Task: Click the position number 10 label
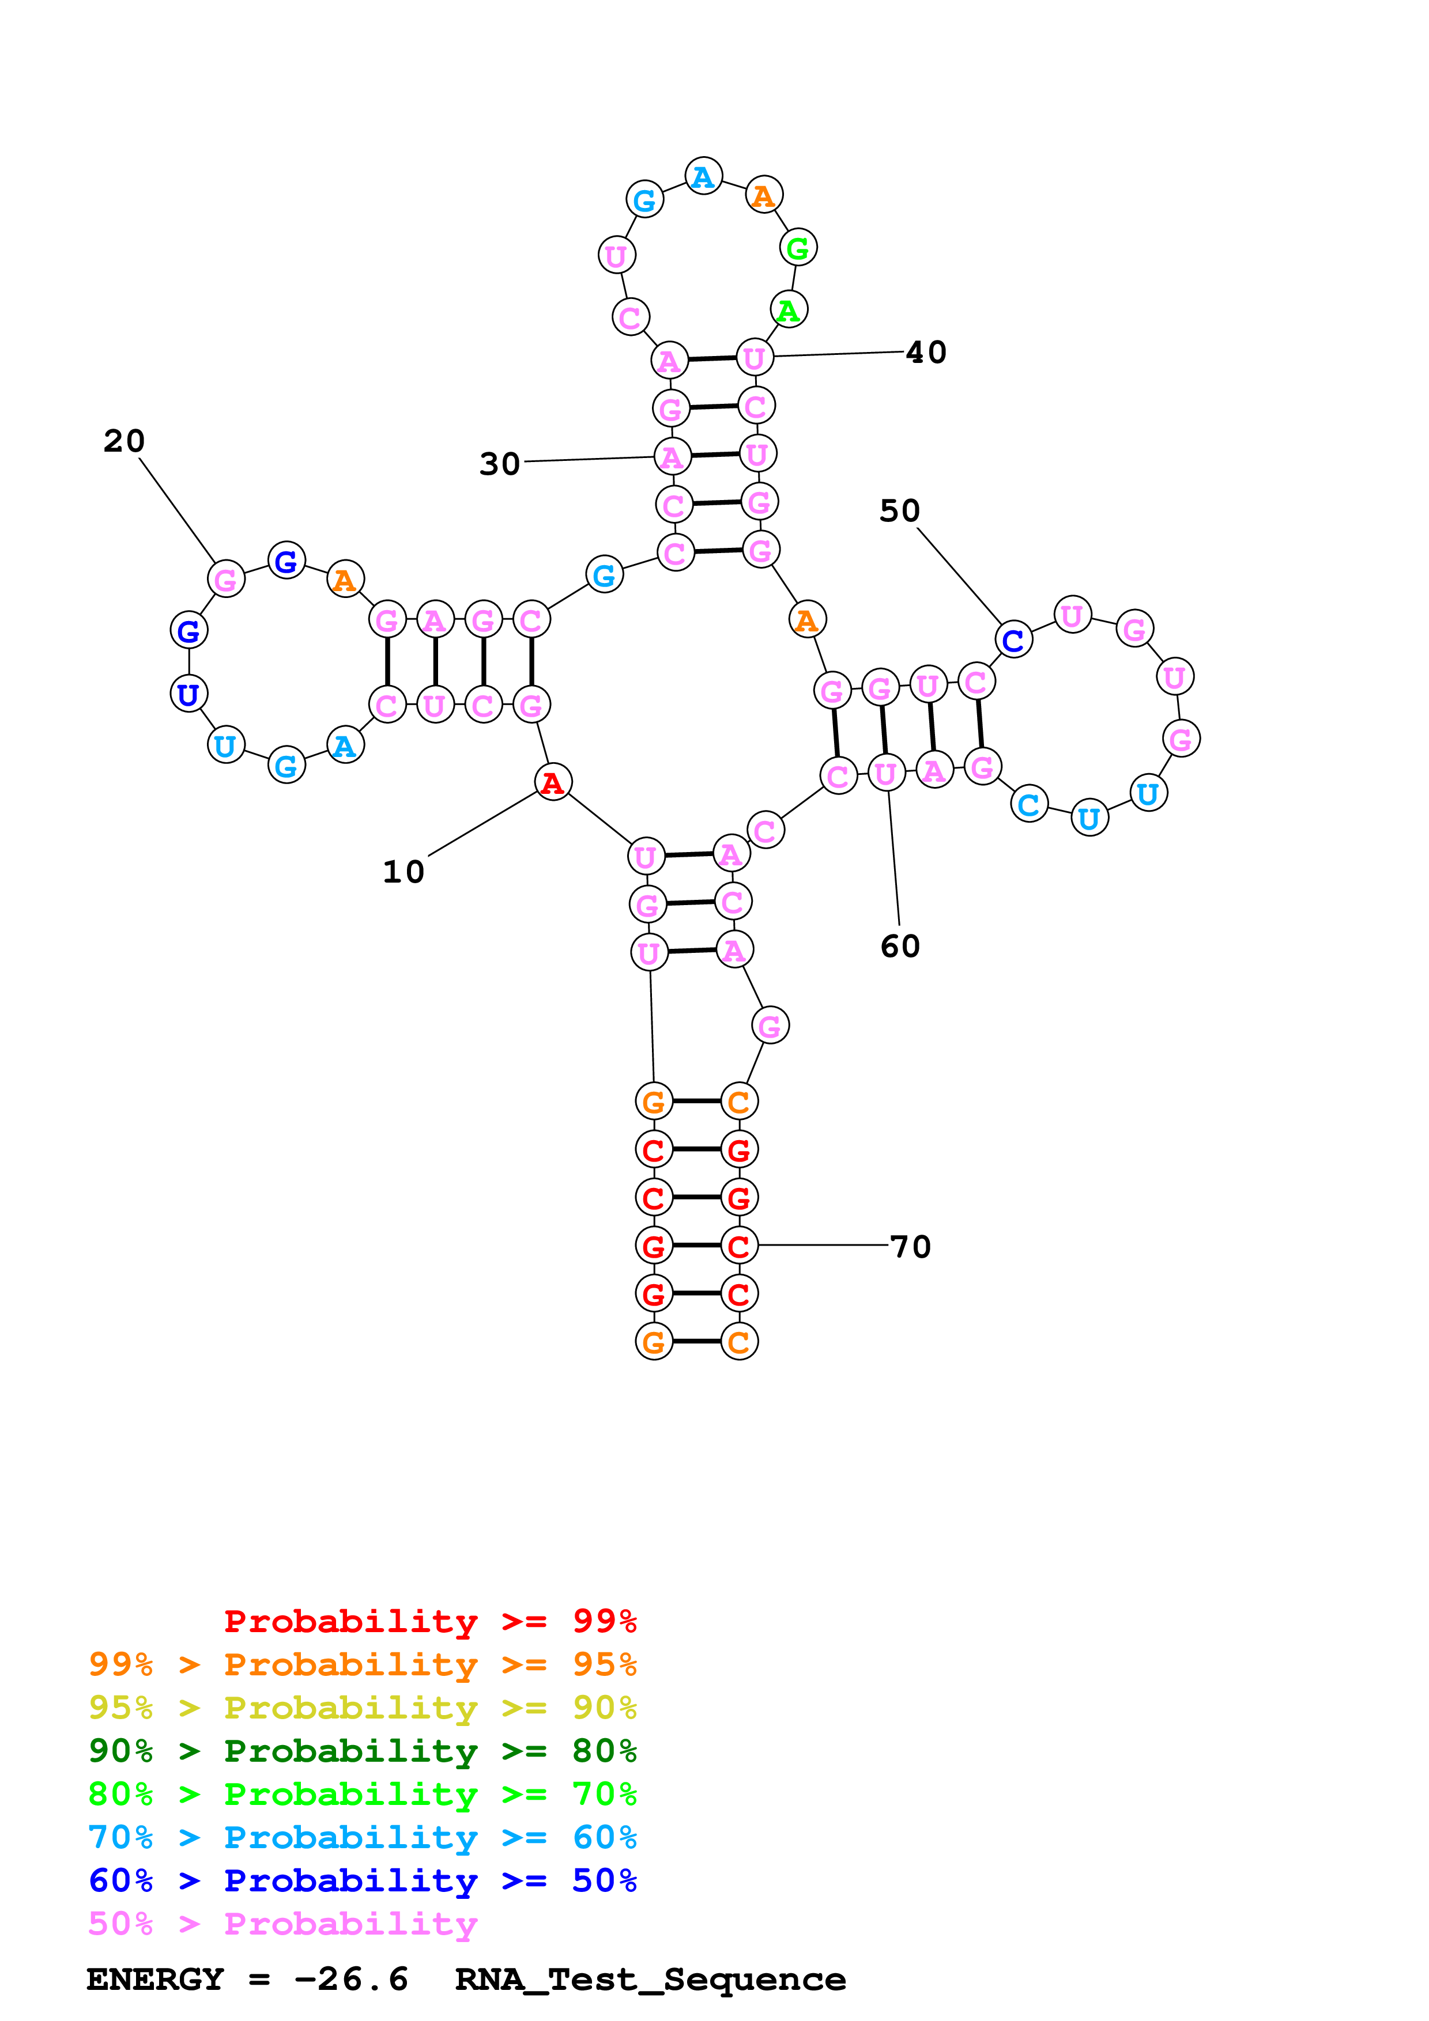(x=404, y=872)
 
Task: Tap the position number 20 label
(x=124, y=441)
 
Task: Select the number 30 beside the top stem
(x=499, y=464)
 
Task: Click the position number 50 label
(x=899, y=510)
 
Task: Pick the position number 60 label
(x=900, y=946)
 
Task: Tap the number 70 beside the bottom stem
(x=910, y=1246)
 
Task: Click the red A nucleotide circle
(x=553, y=782)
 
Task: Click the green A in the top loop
(x=789, y=310)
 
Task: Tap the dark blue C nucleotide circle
(x=1013, y=640)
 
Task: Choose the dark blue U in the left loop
(x=188, y=694)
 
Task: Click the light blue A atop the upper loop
(x=703, y=176)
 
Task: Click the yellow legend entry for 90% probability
(x=362, y=1708)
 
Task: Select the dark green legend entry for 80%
(x=362, y=1751)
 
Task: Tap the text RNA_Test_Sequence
(x=650, y=1979)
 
